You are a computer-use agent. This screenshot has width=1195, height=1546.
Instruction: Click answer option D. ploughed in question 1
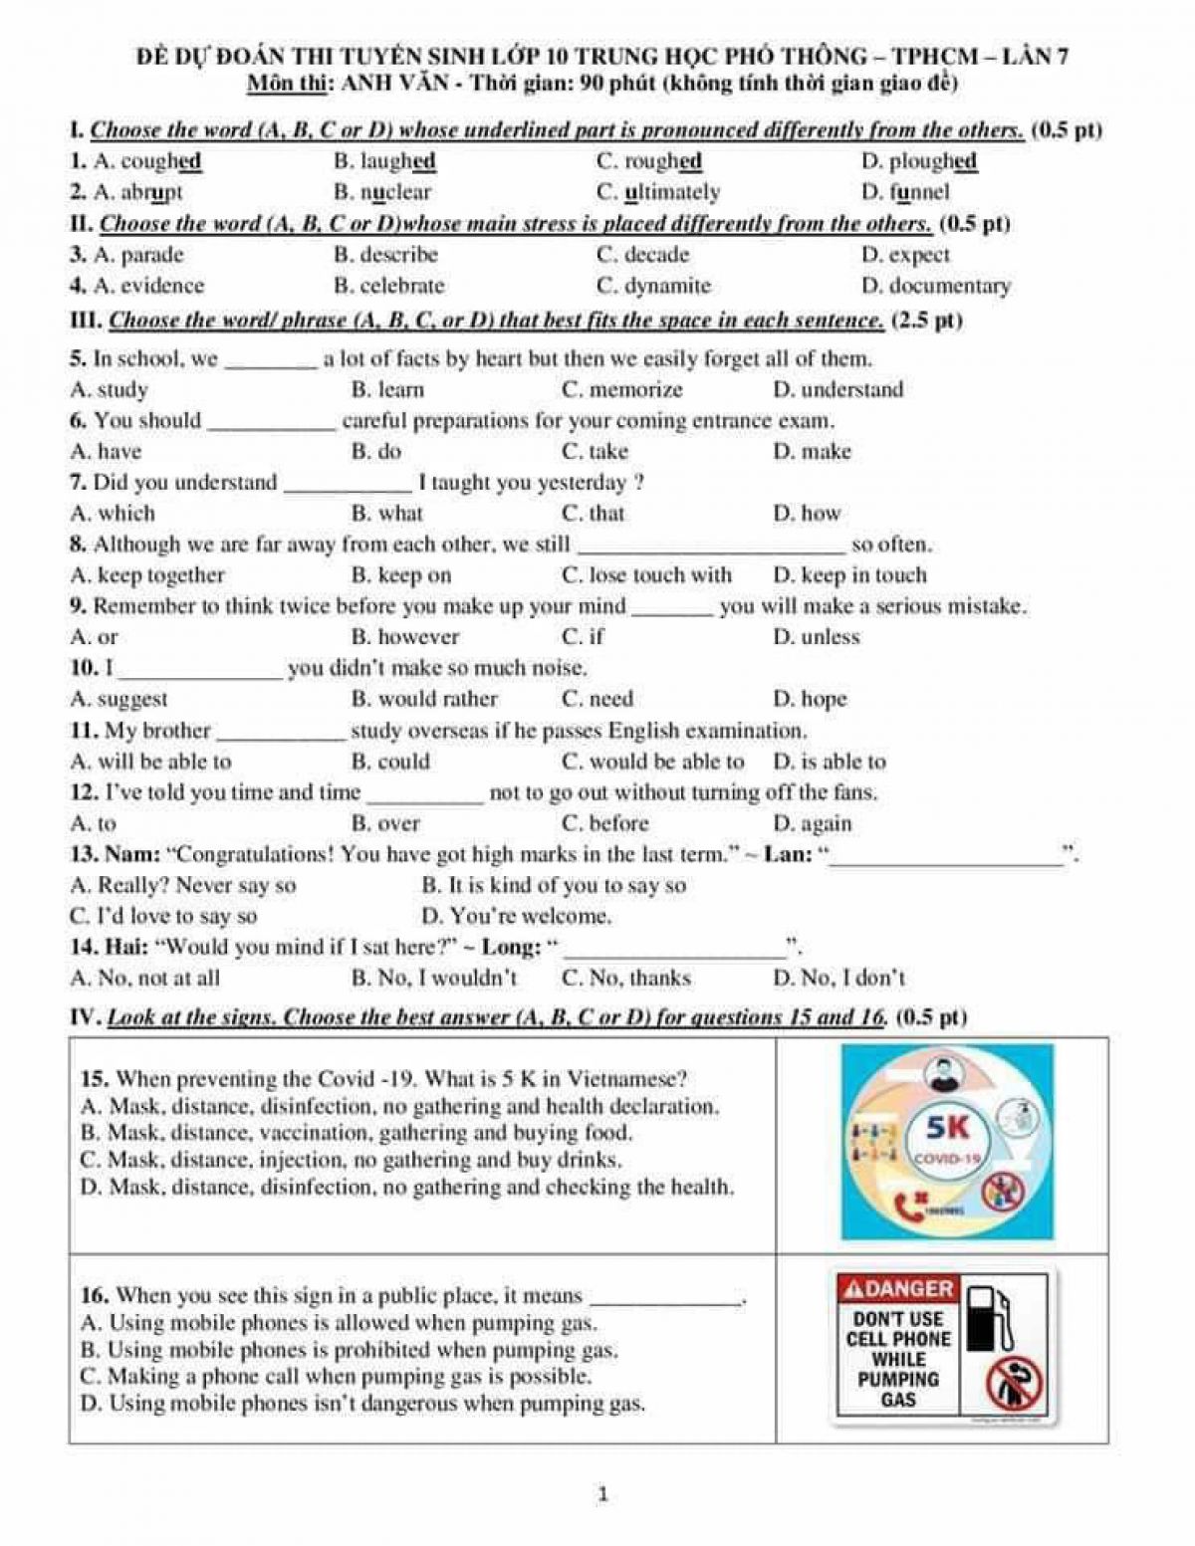click(918, 161)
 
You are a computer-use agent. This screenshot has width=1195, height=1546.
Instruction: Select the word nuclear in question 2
click(395, 192)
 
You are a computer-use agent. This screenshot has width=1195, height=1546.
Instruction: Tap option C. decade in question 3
click(642, 255)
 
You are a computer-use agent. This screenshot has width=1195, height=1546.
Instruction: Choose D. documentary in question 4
click(935, 287)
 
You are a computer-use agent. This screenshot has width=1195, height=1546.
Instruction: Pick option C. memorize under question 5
click(622, 389)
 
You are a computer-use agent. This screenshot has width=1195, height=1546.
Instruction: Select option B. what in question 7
click(387, 514)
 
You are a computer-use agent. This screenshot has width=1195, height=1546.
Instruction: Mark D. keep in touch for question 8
click(849, 575)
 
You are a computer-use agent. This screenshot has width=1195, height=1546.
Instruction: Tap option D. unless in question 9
click(816, 637)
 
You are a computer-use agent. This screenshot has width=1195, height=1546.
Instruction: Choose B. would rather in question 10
click(424, 699)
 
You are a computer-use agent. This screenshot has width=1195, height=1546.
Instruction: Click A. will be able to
click(151, 762)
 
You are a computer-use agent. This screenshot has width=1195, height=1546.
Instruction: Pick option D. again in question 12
click(812, 823)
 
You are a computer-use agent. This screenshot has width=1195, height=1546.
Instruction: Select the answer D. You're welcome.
click(516, 916)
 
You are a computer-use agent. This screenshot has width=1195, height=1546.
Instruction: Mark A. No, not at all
click(145, 978)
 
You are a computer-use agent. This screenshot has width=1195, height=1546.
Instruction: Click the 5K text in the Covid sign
click(946, 1127)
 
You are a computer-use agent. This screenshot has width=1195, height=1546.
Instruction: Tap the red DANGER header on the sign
click(898, 1289)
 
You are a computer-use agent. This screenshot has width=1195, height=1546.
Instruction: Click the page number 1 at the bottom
click(601, 1493)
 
